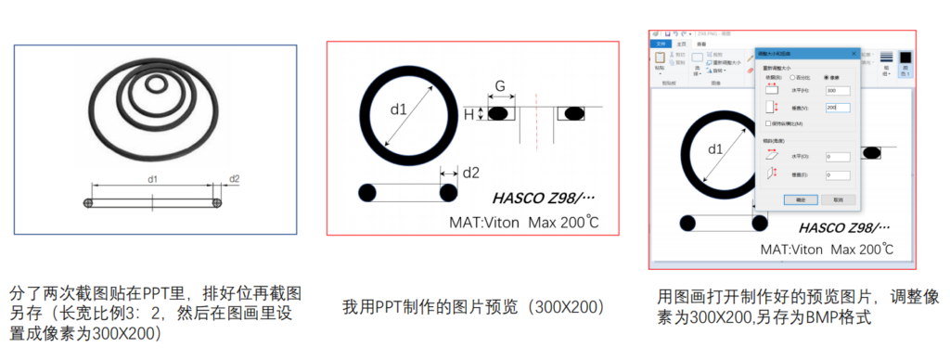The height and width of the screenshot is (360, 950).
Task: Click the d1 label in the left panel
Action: click(153, 178)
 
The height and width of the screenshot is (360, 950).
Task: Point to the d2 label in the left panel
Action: click(235, 178)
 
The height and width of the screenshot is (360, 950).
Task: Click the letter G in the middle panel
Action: click(499, 87)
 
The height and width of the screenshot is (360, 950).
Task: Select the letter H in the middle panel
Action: click(469, 113)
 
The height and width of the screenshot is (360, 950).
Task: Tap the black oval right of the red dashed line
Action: click(573, 113)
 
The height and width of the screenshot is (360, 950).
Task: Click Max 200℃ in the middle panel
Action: click(567, 223)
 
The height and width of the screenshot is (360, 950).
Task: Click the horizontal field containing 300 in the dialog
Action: click(837, 90)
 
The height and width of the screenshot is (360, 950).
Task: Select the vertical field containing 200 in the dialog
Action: click(837, 108)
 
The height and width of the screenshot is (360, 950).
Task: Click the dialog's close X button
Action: click(854, 53)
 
